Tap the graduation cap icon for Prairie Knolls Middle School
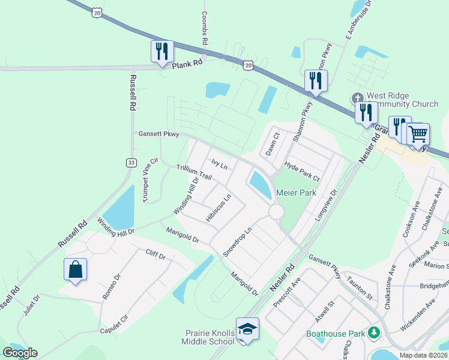coord(247,329)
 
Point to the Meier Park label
coord(295,193)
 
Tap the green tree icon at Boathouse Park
coord(374,332)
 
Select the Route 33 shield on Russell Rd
coord(131,163)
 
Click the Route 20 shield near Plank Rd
coord(249,64)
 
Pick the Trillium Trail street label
coord(194,173)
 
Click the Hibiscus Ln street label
coord(218,208)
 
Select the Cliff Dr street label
coord(155,254)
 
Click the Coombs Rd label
coord(205,28)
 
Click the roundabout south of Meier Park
coord(276,212)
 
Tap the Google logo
coord(20,353)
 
